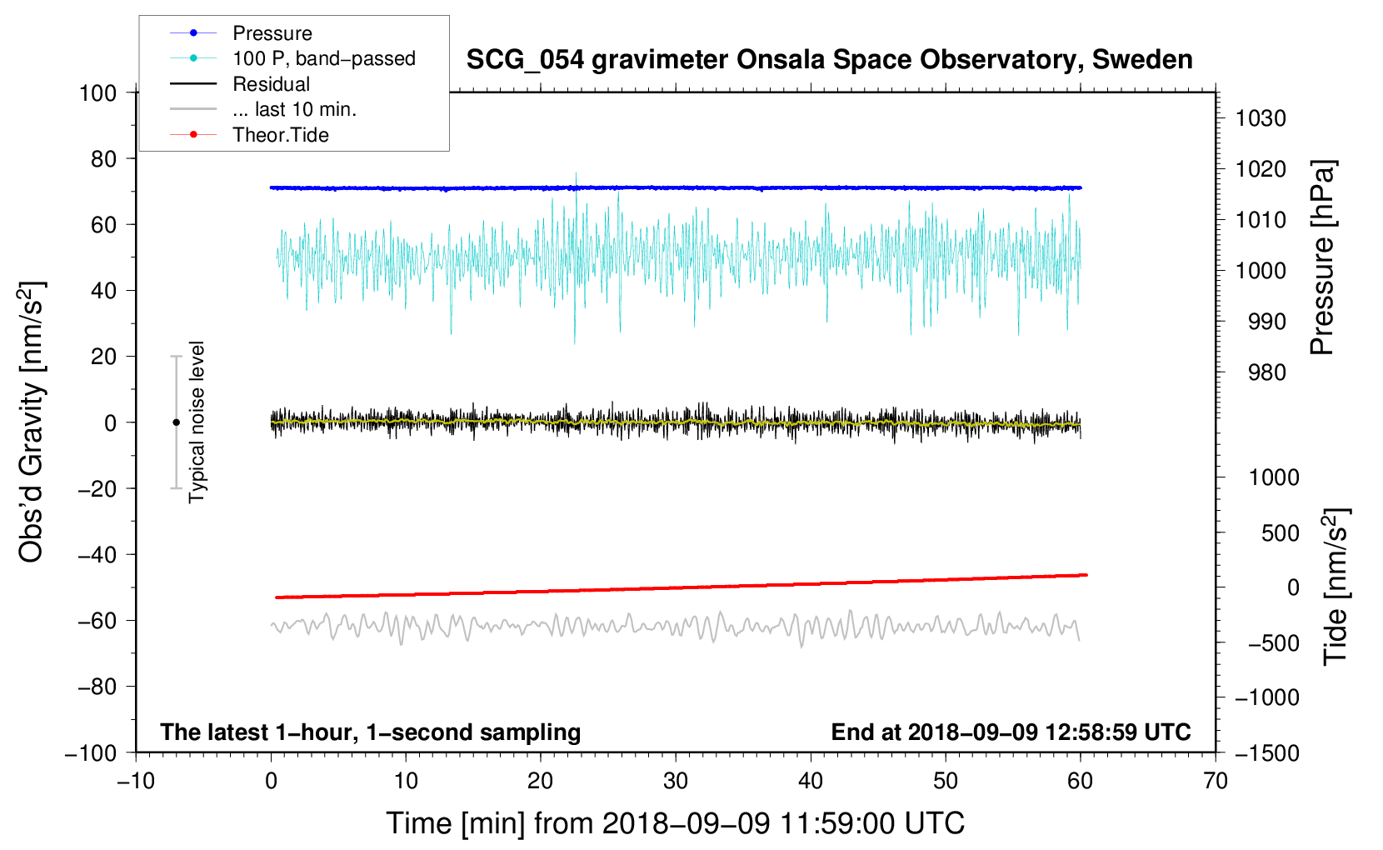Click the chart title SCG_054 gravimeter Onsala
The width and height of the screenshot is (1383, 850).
click(829, 60)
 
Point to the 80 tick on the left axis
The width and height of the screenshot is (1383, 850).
click(103, 159)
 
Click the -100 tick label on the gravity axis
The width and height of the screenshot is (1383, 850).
click(91, 753)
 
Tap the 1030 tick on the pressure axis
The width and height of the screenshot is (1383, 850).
click(1261, 118)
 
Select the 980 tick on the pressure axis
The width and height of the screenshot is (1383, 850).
click(1267, 372)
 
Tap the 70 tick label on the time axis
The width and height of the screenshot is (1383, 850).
click(1215, 782)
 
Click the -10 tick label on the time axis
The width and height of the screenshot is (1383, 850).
click(136, 782)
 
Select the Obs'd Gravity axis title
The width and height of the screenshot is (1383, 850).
click(31, 422)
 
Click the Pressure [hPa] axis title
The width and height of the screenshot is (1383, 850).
click(1322, 257)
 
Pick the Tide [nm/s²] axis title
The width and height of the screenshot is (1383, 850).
click(1336, 587)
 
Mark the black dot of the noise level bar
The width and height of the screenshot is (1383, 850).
click(176, 422)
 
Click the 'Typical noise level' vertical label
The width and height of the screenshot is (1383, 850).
click(197, 422)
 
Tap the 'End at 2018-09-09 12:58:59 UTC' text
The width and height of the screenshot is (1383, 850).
click(1011, 732)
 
